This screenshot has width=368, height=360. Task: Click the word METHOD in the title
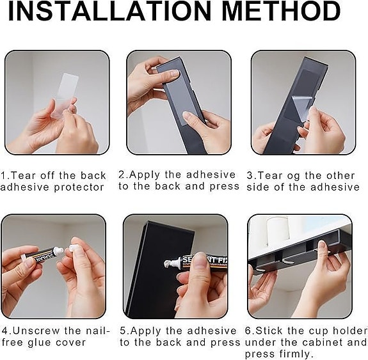coord(281,12)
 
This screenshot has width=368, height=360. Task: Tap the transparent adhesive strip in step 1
coord(65,95)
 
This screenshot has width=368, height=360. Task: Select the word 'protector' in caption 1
coord(79,187)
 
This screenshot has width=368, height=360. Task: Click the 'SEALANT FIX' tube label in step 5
coord(204,261)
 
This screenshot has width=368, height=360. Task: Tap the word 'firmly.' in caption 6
coord(296,354)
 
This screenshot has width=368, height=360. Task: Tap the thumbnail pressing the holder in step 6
coord(323,246)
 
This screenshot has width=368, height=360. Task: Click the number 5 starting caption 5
coord(123,331)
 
